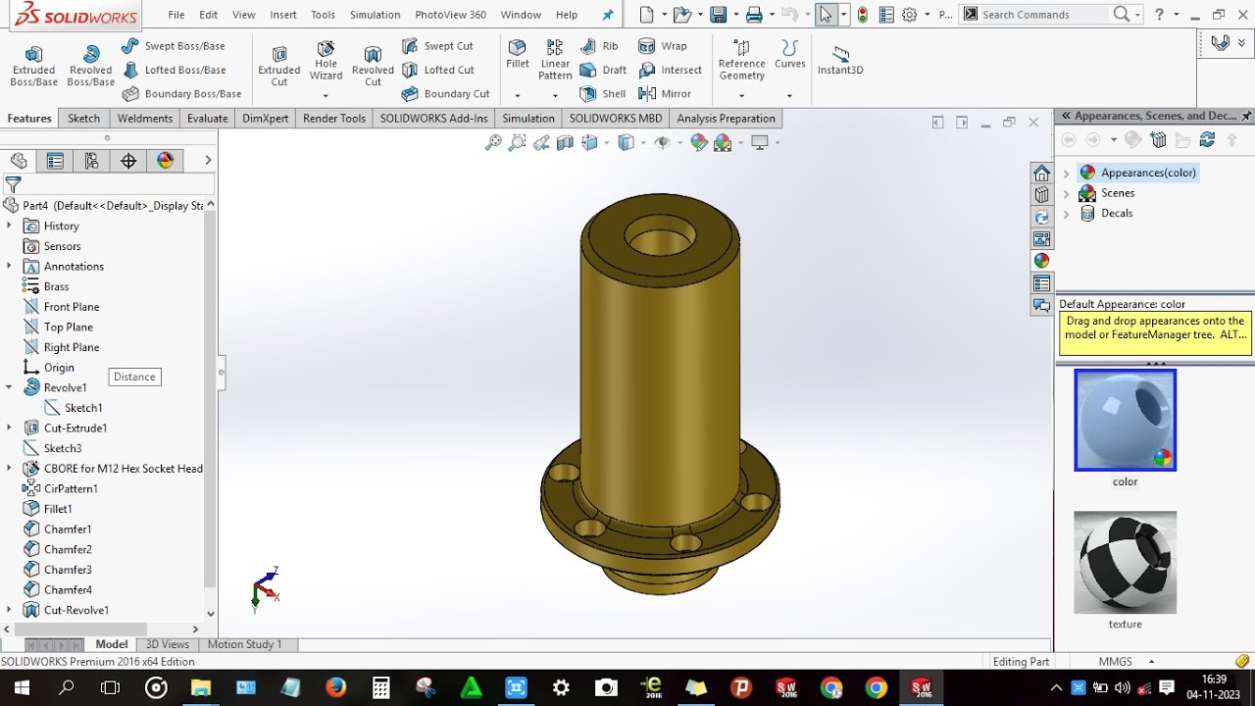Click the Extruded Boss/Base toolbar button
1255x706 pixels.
pyautogui.click(x=33, y=65)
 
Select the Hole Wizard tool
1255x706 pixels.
pyautogui.click(x=326, y=61)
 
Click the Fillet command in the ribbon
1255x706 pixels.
pyautogui.click(x=518, y=55)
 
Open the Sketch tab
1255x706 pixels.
pyautogui.click(x=83, y=119)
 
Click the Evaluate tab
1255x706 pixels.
pyautogui.click(x=207, y=119)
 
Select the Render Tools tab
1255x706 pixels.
pyautogui.click(x=333, y=119)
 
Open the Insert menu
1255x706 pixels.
pyautogui.click(x=283, y=15)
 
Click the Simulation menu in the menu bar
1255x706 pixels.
pyautogui.click(x=375, y=15)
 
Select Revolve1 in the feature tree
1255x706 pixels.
pyautogui.click(x=65, y=387)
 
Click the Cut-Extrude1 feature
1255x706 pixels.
pyautogui.click(x=75, y=429)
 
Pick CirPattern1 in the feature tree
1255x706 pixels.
pyautogui.click(x=71, y=488)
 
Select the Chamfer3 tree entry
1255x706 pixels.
pyautogui.click(x=68, y=570)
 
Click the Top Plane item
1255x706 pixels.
pyautogui.click(x=68, y=328)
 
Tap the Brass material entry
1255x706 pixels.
pyautogui.click(x=56, y=286)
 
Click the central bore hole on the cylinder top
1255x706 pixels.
pyautogui.click(x=659, y=237)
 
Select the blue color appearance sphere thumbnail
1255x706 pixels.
pyautogui.click(x=1125, y=420)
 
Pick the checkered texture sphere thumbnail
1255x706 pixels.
pyautogui.click(x=1125, y=562)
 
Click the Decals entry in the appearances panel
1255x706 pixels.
pyautogui.click(x=1116, y=213)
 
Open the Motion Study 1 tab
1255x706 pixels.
pyautogui.click(x=244, y=644)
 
